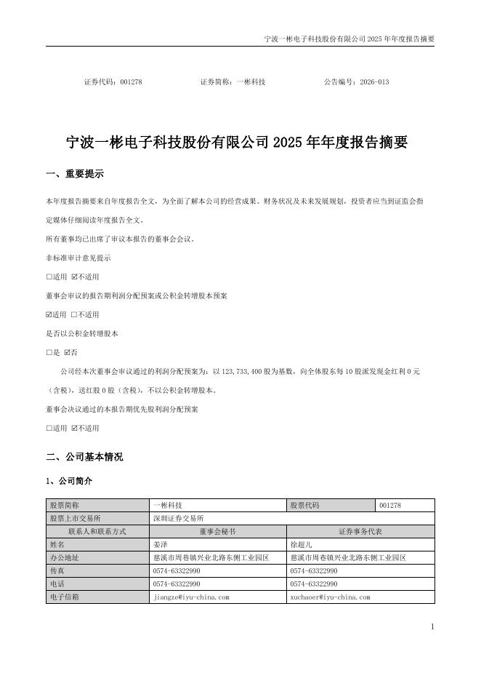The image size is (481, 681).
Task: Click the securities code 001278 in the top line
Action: click(x=132, y=82)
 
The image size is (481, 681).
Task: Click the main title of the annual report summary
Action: click(x=237, y=143)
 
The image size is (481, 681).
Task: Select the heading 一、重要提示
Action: click(x=75, y=175)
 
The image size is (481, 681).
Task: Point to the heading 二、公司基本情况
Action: click(x=84, y=457)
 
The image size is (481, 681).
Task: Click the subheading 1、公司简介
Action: click(x=69, y=482)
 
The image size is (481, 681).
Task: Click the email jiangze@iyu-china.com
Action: click(x=191, y=597)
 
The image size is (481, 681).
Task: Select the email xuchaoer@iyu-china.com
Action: click(x=330, y=597)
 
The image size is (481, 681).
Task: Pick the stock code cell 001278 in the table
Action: click(x=390, y=505)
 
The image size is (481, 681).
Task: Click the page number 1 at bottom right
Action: click(x=432, y=627)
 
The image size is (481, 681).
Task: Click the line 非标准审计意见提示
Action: click(x=78, y=258)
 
